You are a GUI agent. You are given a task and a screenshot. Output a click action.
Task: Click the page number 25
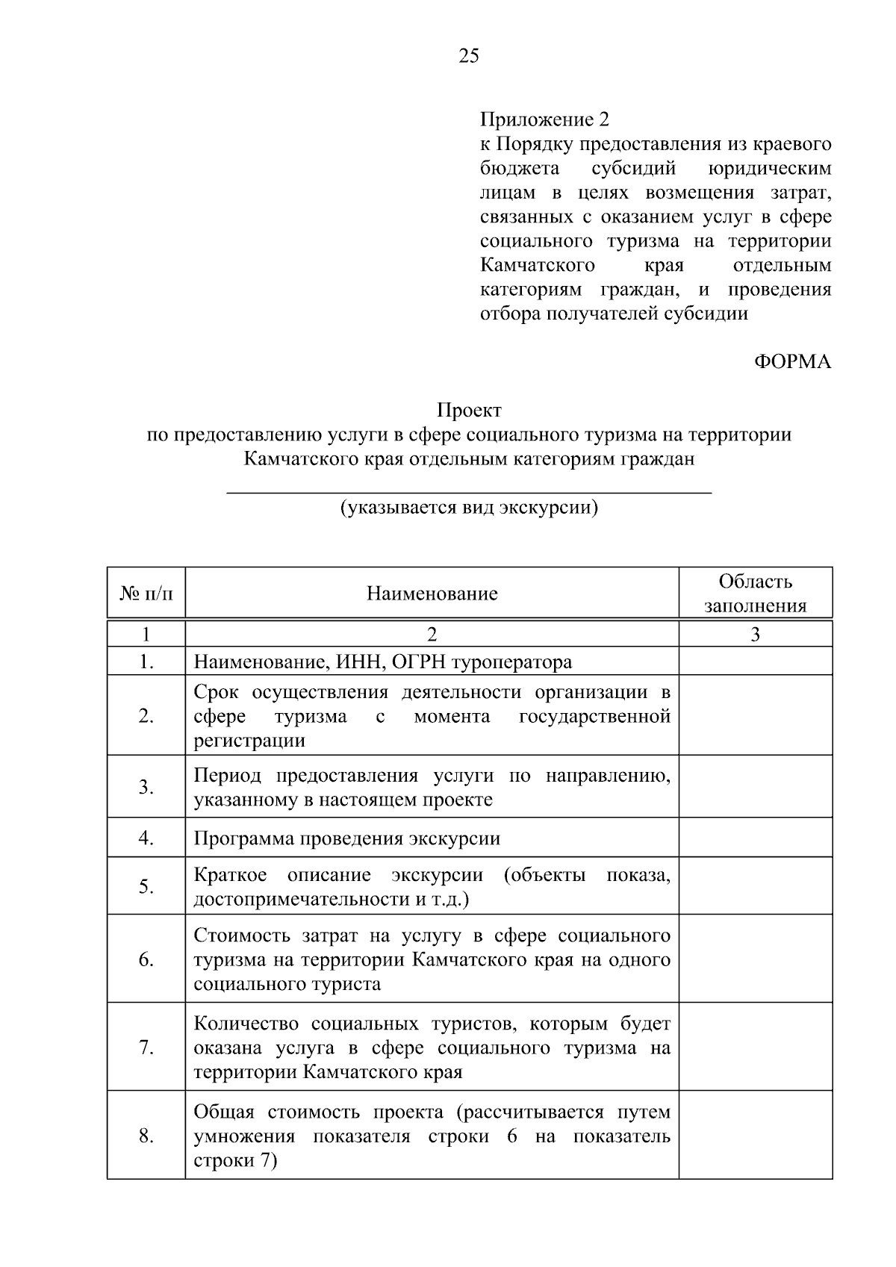(469, 56)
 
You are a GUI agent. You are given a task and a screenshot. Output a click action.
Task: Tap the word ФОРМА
(792, 362)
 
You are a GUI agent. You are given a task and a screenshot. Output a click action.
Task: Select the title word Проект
(469, 410)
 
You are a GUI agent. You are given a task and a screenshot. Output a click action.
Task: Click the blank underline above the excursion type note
(469, 492)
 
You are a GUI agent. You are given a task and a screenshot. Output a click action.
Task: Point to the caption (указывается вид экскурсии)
(469, 508)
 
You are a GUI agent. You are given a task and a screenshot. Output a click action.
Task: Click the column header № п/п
(146, 594)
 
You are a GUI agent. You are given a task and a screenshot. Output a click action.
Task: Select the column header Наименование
(432, 594)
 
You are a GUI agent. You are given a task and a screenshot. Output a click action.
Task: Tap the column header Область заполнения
(755, 594)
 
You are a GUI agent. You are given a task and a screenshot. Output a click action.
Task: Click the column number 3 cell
(755, 635)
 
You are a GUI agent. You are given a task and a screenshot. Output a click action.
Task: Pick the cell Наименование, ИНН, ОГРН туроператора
(383, 661)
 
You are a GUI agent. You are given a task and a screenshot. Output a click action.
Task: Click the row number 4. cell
(146, 838)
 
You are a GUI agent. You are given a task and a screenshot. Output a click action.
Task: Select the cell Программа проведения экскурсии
(346, 838)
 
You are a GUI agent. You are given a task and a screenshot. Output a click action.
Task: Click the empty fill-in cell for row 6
(755, 959)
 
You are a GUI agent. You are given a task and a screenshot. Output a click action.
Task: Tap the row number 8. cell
(146, 1136)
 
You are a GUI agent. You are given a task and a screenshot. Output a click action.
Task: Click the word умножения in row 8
(244, 1136)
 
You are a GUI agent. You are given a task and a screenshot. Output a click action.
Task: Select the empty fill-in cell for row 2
(755, 715)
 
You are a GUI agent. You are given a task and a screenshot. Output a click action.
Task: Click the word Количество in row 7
(246, 1024)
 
